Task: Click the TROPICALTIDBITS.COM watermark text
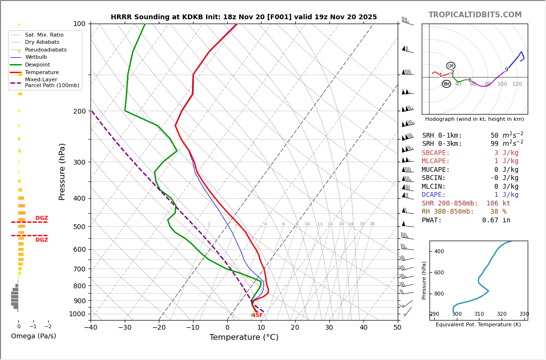coord(475,15)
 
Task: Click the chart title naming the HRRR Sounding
coord(244,17)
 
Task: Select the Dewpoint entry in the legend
coord(37,64)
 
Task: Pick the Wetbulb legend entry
coord(37,57)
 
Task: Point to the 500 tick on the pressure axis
coord(79,227)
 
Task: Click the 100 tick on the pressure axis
coord(79,24)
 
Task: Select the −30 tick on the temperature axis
coord(125,328)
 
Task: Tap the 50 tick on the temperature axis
coord(397,328)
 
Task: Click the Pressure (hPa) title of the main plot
coord(62,171)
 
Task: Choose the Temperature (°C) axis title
coord(244,337)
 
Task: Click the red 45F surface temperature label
coord(257,315)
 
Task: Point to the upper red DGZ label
coord(42,218)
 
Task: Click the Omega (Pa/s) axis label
coord(33,336)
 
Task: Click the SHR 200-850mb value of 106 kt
coord(498,203)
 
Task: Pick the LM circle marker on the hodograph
coord(451,66)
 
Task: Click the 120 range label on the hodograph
coord(517,84)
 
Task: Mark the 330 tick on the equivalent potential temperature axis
coord(524,314)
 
